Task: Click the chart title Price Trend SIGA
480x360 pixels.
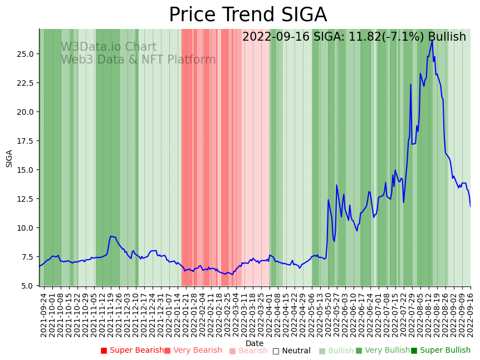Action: (x=248, y=15)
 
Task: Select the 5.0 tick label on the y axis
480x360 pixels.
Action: (x=27, y=286)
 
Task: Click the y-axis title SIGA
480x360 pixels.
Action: (x=9, y=158)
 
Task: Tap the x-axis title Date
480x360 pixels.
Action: (x=254, y=343)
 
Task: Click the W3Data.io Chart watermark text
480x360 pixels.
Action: (x=109, y=47)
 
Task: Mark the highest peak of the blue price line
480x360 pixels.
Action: (x=432, y=40)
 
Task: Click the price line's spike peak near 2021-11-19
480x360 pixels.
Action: (x=111, y=236)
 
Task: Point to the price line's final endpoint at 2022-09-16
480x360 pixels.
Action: (x=471, y=207)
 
